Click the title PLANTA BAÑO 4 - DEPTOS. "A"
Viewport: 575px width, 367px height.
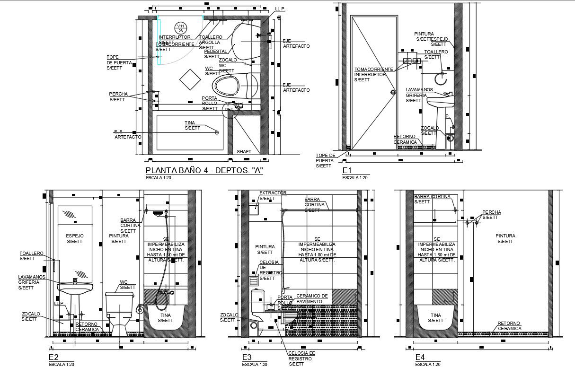tap(204, 171)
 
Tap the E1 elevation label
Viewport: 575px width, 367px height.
tap(346, 170)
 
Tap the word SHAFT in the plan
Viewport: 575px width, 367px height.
tap(244, 151)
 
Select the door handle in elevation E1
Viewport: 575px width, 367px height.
tap(392, 92)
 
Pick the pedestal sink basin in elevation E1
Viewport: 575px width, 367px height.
tap(440, 100)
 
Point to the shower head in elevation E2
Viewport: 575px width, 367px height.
tap(158, 214)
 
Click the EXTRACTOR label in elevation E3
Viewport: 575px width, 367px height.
tap(273, 193)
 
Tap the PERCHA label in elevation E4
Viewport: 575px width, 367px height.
tap(491, 212)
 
